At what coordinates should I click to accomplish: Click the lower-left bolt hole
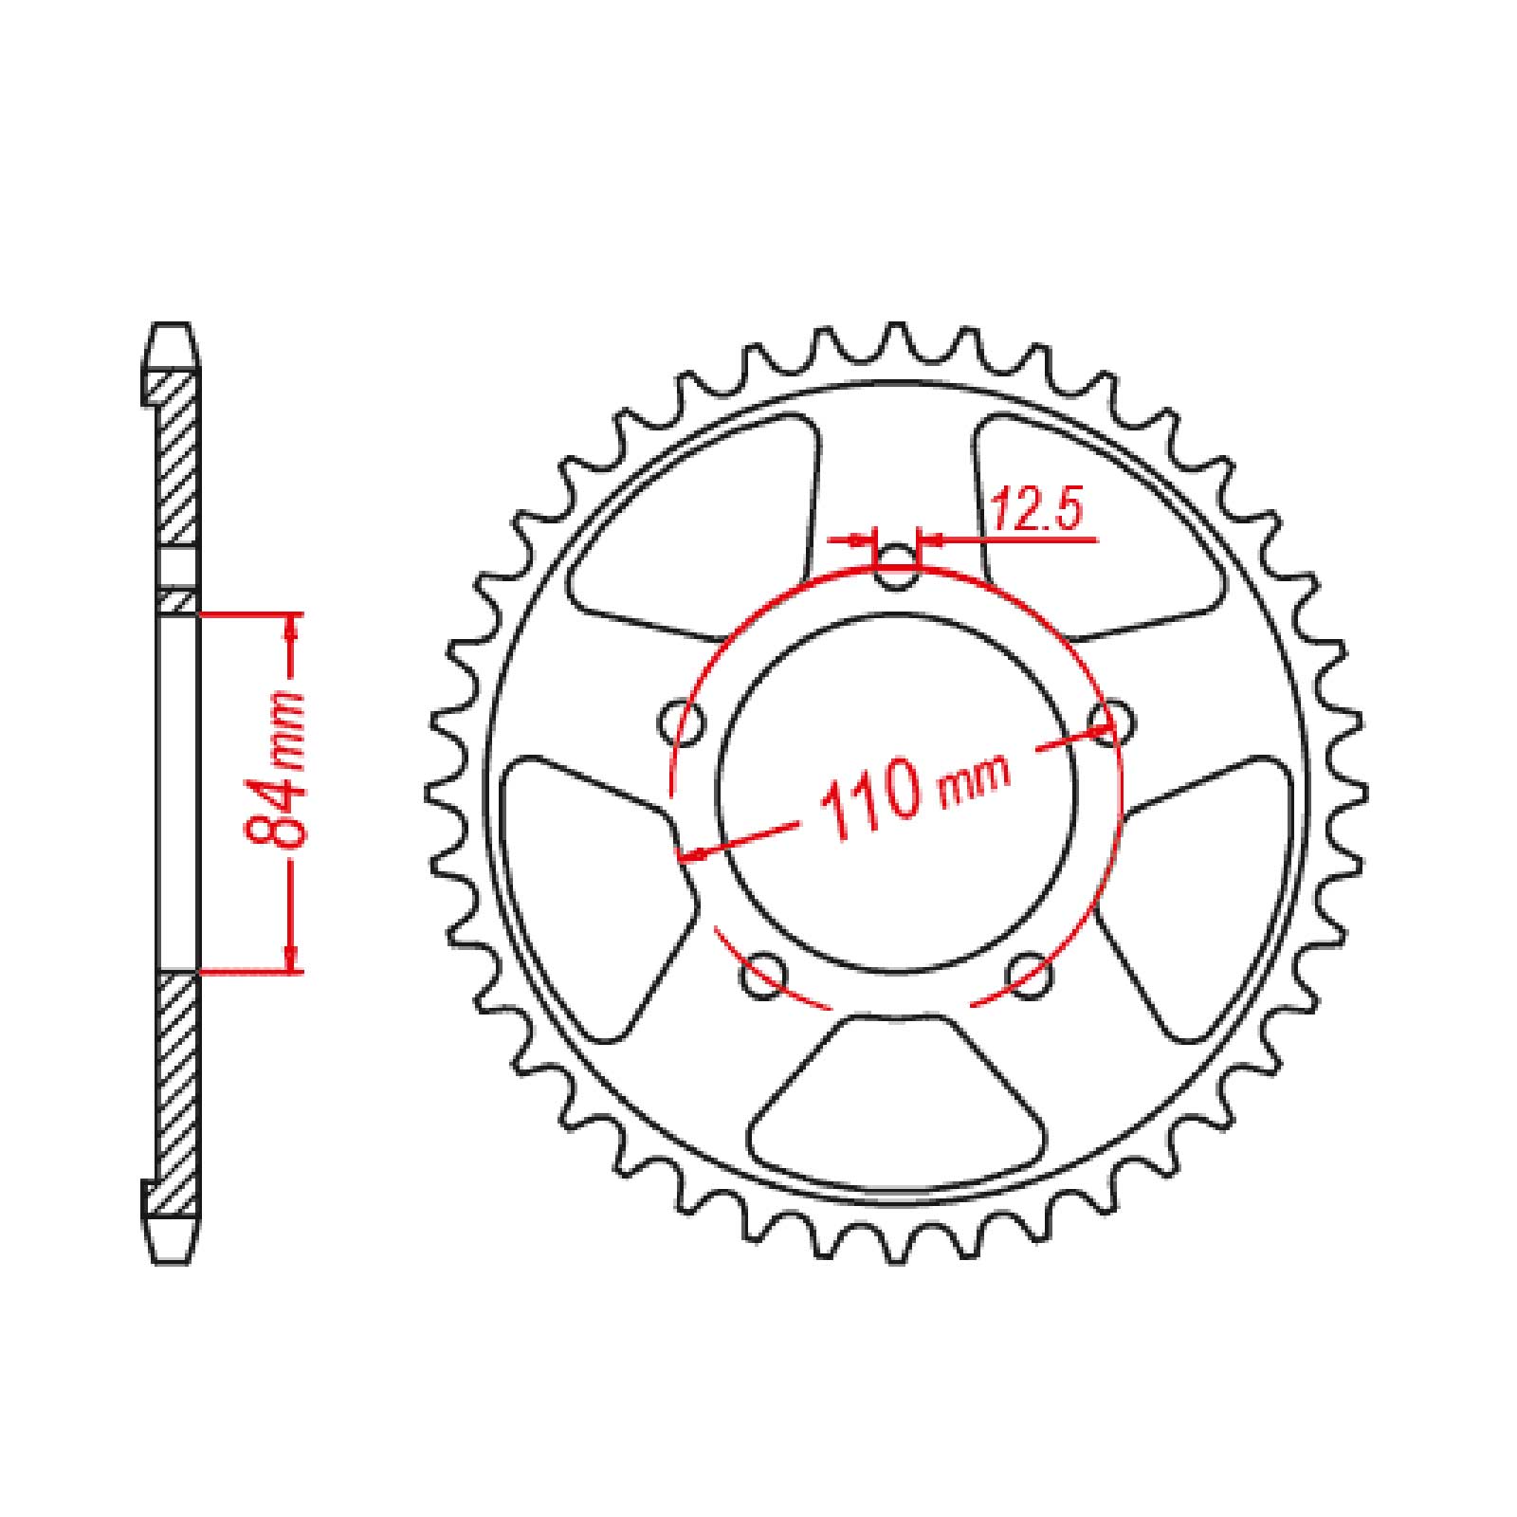point(765,977)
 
